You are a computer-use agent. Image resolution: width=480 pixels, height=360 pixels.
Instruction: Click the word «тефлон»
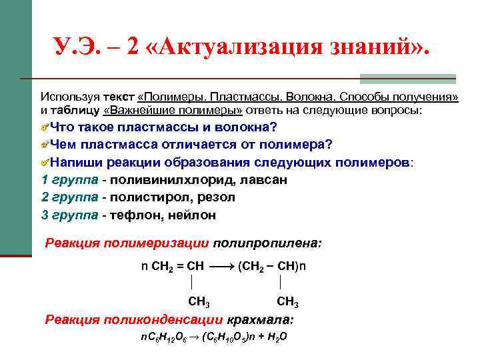134,215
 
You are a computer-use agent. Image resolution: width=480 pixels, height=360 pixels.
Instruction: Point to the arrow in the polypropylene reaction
221,265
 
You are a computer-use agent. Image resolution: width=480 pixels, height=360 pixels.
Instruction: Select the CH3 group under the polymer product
287,303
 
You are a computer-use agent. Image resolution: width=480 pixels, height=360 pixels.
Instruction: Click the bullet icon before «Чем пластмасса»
45,145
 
